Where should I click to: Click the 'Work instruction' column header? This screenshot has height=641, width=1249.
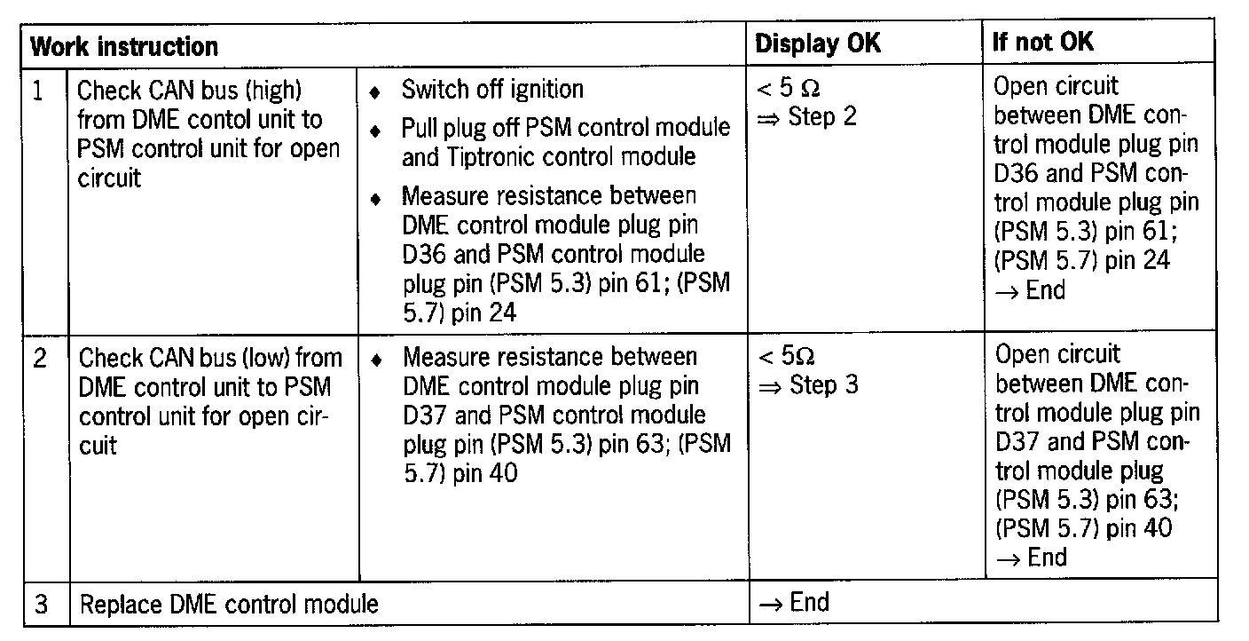tap(124, 45)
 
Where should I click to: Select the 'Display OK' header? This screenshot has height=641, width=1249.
tap(817, 44)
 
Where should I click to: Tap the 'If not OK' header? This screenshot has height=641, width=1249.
tap(1042, 43)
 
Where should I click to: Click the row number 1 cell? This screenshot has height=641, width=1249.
tap(38, 91)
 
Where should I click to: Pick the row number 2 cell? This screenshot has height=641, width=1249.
tap(41, 358)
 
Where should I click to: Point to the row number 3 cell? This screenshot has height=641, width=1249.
tap(41, 605)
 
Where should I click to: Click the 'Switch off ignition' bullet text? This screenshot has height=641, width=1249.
tap(492, 90)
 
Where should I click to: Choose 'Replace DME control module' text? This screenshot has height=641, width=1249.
tap(229, 605)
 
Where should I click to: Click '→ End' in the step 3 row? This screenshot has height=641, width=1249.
tap(794, 604)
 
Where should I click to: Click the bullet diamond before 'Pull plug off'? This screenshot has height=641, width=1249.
tap(376, 131)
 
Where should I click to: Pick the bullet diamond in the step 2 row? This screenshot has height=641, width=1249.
tap(377, 360)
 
